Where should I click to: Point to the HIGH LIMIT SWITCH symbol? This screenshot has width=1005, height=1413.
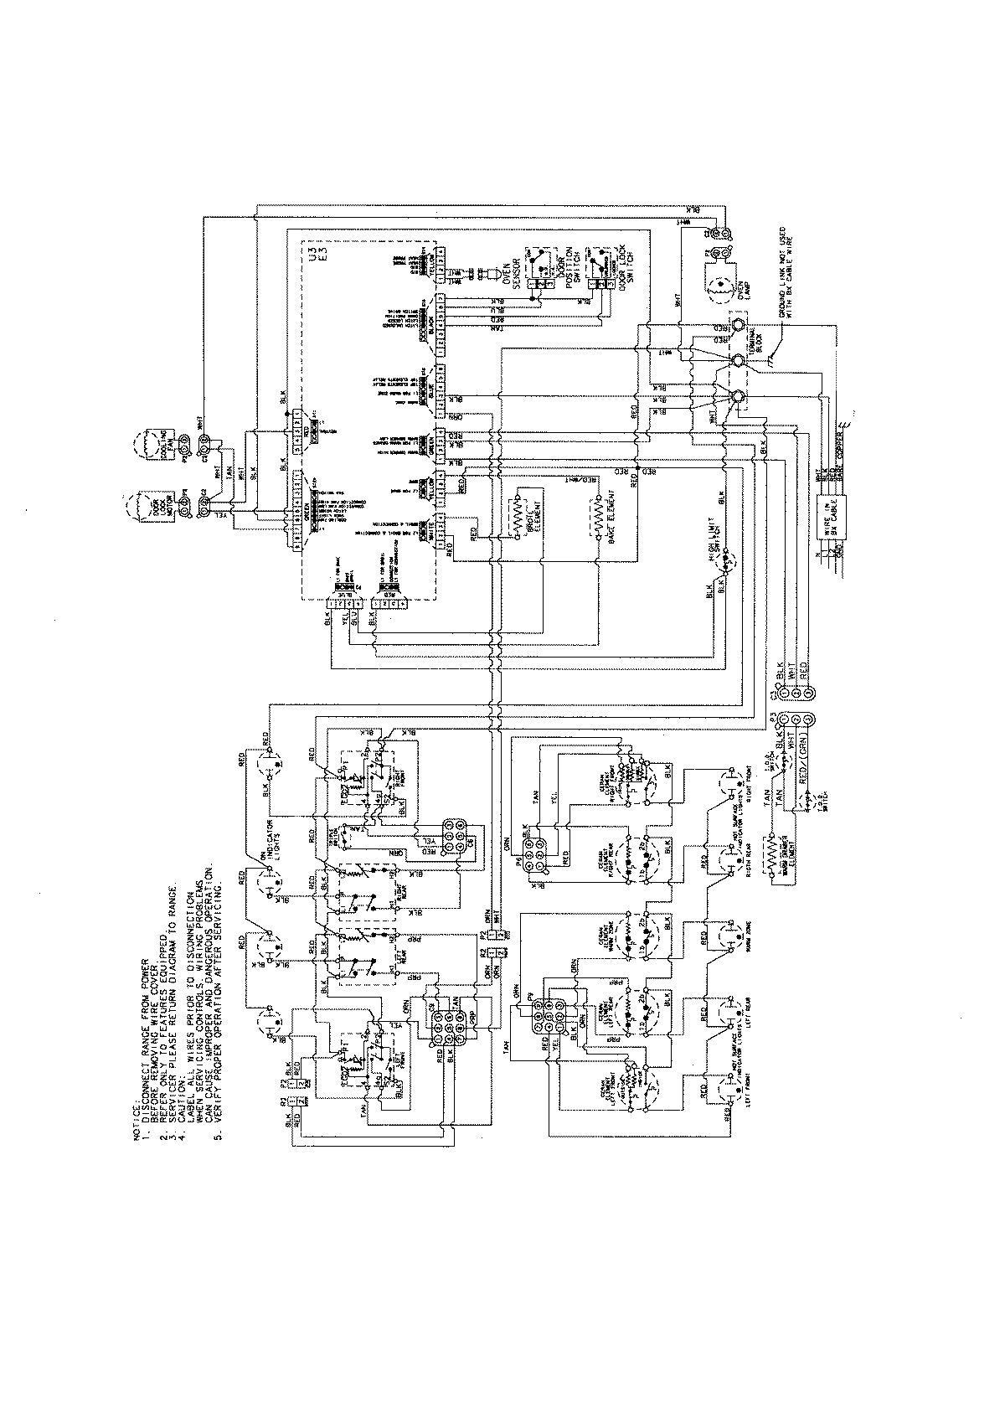[725, 561]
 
